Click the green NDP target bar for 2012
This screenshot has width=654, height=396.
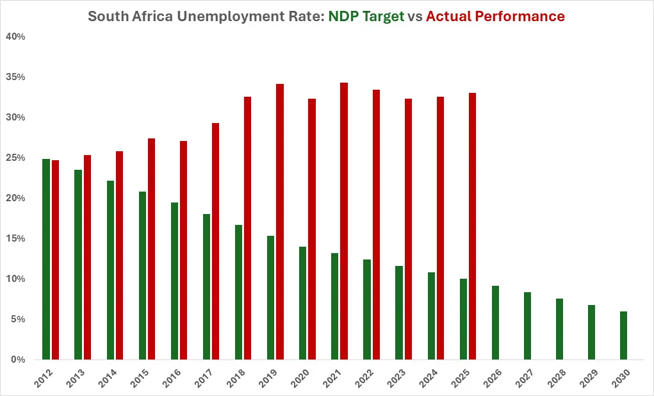pyautogui.click(x=46, y=259)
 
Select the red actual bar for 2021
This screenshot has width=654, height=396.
pyautogui.click(x=344, y=221)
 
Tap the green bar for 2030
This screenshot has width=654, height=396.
pyautogui.click(x=623, y=335)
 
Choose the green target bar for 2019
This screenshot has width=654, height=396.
pyautogui.click(x=270, y=297)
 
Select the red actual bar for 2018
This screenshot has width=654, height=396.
pyautogui.click(x=247, y=228)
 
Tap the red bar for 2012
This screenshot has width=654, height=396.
pyautogui.click(x=55, y=260)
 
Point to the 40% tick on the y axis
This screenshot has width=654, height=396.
pyautogui.click(x=15, y=37)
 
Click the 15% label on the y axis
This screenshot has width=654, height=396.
pyautogui.click(x=15, y=239)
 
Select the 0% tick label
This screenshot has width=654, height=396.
pyautogui.click(x=18, y=360)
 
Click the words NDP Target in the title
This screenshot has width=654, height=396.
pyautogui.click(x=366, y=17)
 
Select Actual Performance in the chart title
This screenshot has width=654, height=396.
pyautogui.click(x=495, y=17)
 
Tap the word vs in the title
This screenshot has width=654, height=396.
pyautogui.click(x=415, y=17)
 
